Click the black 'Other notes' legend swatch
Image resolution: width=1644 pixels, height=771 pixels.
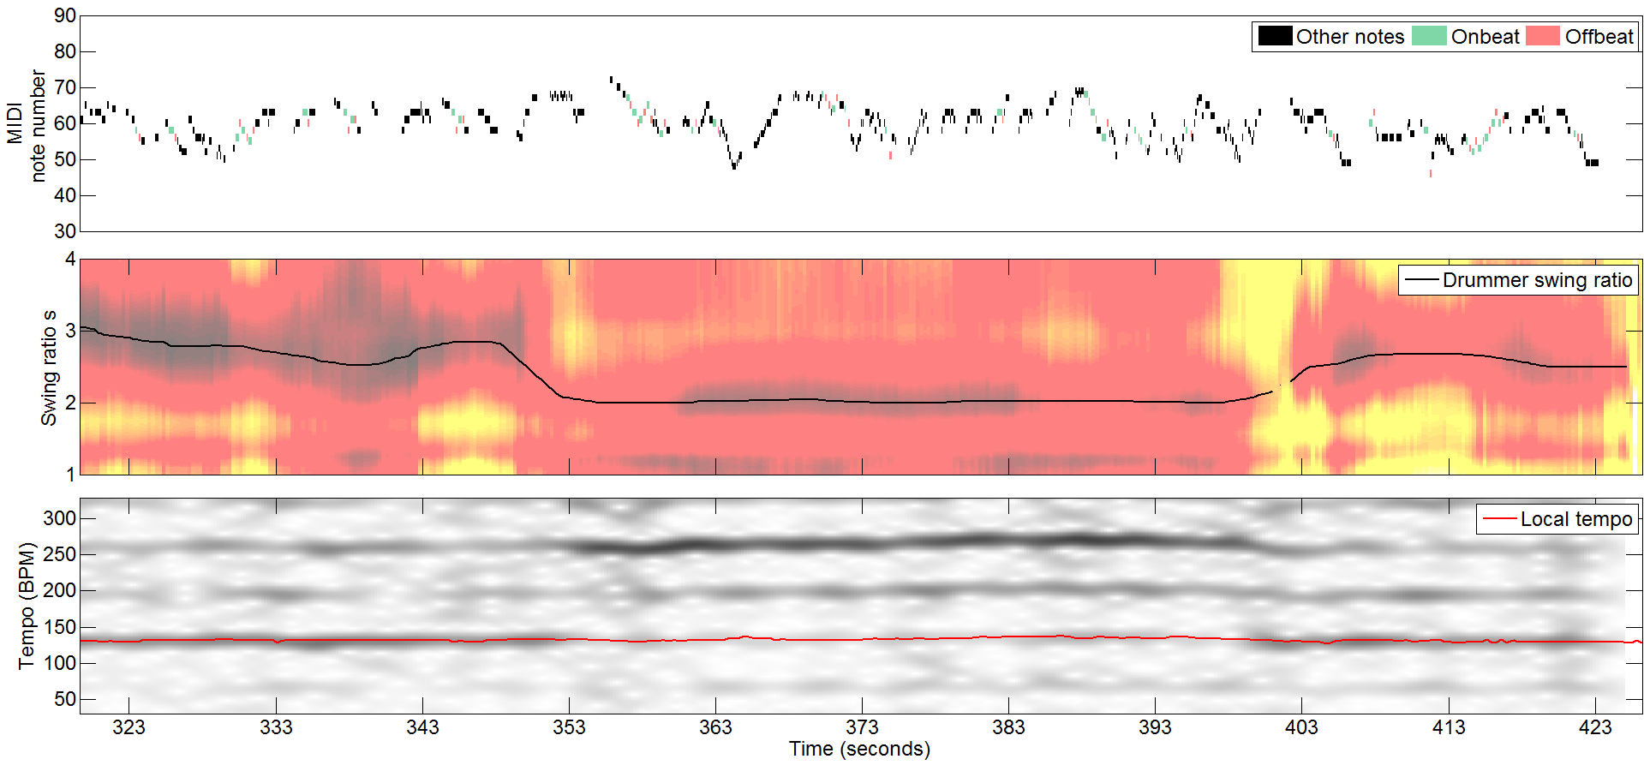point(1275,36)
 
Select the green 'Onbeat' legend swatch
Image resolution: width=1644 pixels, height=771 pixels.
point(1428,36)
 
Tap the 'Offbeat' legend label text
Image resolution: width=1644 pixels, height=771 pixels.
point(1599,37)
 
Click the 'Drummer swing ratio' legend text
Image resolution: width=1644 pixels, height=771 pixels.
point(1537,280)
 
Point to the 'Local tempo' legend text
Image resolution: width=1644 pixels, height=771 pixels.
point(1575,519)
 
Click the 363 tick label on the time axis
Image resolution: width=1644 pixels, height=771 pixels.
point(715,727)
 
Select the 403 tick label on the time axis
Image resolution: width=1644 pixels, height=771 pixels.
point(1301,727)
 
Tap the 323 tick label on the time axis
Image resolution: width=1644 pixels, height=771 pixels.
point(129,727)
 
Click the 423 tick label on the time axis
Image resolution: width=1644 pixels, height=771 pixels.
point(1594,727)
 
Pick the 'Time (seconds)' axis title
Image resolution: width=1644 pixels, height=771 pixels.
point(859,750)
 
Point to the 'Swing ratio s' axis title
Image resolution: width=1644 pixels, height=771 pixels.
point(49,368)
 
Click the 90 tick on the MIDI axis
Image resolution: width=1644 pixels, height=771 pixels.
point(65,16)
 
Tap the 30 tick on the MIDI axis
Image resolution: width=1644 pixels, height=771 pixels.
point(65,231)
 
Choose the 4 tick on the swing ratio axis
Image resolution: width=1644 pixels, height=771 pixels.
point(70,259)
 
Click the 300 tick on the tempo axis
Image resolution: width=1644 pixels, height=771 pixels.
point(60,518)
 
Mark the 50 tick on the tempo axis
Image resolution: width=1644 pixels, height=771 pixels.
point(65,699)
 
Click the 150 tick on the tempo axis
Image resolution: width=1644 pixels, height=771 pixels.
point(60,627)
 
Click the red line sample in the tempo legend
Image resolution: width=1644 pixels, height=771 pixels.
point(1499,519)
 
